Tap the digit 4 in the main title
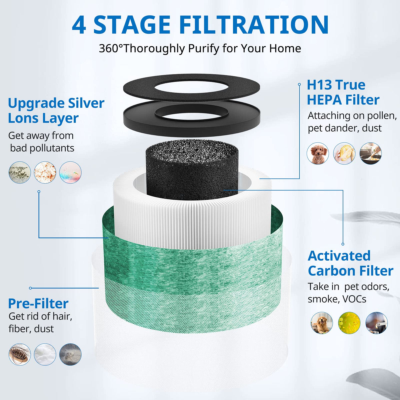tap(79, 25)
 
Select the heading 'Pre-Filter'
tap(38, 304)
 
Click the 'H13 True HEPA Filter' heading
tap(343, 92)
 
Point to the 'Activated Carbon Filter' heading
tap(351, 263)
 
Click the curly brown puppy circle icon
tap(318, 153)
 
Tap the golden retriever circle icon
tap(322, 323)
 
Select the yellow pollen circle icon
tap(349, 323)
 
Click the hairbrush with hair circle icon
tap(20, 354)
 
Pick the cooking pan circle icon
tap(371, 153)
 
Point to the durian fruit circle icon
tap(344, 153)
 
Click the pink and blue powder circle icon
tap(70, 172)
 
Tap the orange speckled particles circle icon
tap(45, 172)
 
